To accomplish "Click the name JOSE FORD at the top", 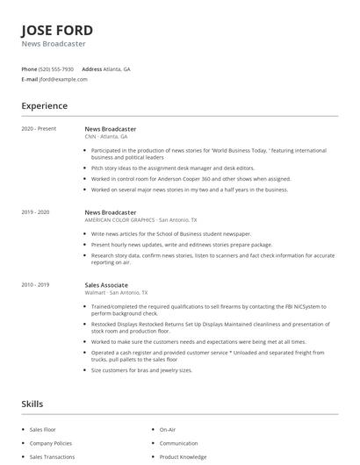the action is pyautogui.click(x=57, y=30).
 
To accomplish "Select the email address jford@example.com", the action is pyautogui.click(x=63, y=79).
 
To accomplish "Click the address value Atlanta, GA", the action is pyautogui.click(x=117, y=68).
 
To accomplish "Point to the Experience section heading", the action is pyautogui.click(x=44, y=106).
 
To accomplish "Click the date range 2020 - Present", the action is pyautogui.click(x=39, y=129).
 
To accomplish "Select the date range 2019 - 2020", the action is pyautogui.click(x=35, y=212).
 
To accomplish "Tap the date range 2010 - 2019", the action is pyautogui.click(x=35, y=285).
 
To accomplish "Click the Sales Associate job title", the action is pyautogui.click(x=106, y=285).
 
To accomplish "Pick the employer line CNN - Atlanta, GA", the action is pyautogui.click(x=106, y=137).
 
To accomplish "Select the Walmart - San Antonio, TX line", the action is pyautogui.click(x=116, y=293).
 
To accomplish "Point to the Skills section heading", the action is pyautogui.click(x=32, y=404).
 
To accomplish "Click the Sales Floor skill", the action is pyautogui.click(x=43, y=430).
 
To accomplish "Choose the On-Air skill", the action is pyautogui.click(x=169, y=430).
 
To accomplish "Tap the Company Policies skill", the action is pyautogui.click(x=51, y=443).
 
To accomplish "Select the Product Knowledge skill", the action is pyautogui.click(x=183, y=456).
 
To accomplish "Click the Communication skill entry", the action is pyautogui.click(x=179, y=443).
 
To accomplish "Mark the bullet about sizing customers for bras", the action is pyautogui.click(x=141, y=370).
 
